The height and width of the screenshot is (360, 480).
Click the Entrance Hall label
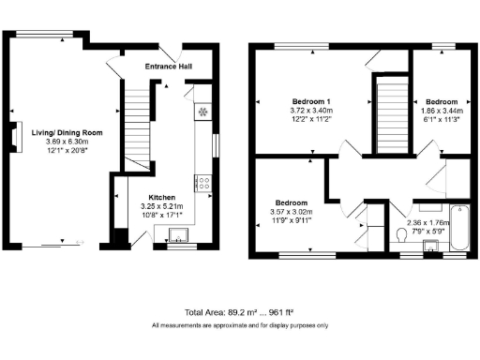click(x=169, y=67)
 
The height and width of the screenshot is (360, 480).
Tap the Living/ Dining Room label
click(x=66, y=133)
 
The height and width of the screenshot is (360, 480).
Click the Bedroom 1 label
click(x=311, y=101)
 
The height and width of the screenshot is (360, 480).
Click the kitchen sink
click(x=175, y=235)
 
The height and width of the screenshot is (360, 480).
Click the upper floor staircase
click(x=387, y=115)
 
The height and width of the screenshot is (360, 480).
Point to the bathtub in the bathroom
click(x=461, y=227)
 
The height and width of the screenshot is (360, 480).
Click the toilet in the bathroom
click(x=403, y=233)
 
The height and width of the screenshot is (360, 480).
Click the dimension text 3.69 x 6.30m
click(x=66, y=142)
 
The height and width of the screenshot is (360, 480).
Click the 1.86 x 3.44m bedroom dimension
click(x=441, y=111)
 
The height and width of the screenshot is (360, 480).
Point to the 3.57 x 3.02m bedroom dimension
click(x=292, y=213)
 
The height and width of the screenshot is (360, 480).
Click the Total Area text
click(x=240, y=311)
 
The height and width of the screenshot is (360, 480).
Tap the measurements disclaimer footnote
click(x=240, y=325)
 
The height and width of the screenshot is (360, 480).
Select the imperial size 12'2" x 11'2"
click(x=311, y=120)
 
